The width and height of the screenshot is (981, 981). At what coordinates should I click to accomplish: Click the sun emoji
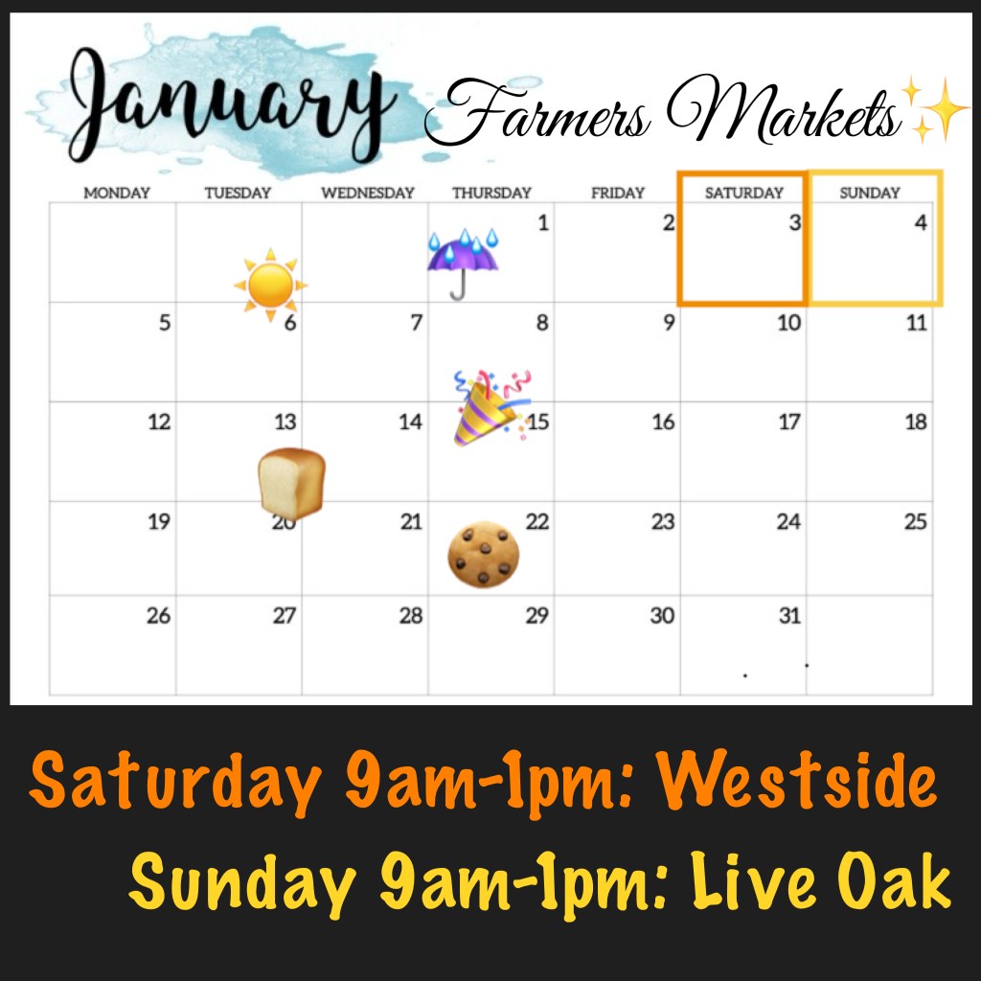click(270, 285)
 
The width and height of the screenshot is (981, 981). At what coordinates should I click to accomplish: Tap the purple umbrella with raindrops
click(463, 263)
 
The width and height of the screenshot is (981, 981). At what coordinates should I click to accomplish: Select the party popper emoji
click(492, 407)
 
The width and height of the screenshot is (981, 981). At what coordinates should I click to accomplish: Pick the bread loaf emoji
click(291, 483)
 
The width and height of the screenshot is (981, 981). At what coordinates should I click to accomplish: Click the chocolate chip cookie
click(484, 555)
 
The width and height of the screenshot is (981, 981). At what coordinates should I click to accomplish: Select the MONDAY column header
click(117, 193)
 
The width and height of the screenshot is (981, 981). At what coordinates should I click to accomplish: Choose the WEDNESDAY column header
click(368, 193)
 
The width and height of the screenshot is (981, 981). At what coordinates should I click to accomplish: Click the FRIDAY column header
click(618, 193)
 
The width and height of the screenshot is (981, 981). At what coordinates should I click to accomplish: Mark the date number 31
click(789, 616)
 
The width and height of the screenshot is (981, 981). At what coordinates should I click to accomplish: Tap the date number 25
click(915, 521)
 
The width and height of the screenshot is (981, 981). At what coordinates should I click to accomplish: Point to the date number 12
click(159, 422)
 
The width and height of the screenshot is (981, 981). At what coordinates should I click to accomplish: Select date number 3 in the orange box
click(794, 222)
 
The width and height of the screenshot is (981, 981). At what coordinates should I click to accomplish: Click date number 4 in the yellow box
click(921, 222)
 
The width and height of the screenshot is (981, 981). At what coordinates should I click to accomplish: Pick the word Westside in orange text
click(798, 780)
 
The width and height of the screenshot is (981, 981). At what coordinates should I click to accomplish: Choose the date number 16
click(663, 422)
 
